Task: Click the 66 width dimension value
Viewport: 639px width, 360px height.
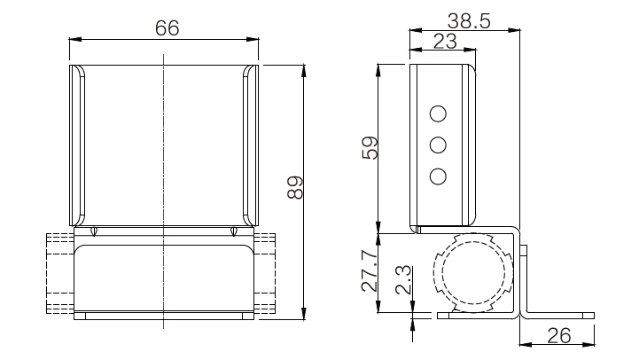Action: (168, 28)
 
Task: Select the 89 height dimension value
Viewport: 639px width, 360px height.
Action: (295, 188)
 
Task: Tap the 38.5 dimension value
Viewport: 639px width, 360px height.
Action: (469, 20)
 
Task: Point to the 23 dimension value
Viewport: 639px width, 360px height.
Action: (445, 41)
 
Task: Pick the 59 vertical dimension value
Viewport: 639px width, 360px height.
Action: (370, 147)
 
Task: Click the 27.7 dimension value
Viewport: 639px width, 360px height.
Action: (370, 271)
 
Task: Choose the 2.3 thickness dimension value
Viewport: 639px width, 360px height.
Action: (403, 279)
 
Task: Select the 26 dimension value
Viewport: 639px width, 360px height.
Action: (558, 336)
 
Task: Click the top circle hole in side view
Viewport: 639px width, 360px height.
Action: (438, 113)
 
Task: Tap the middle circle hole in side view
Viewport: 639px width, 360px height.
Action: (438, 145)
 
